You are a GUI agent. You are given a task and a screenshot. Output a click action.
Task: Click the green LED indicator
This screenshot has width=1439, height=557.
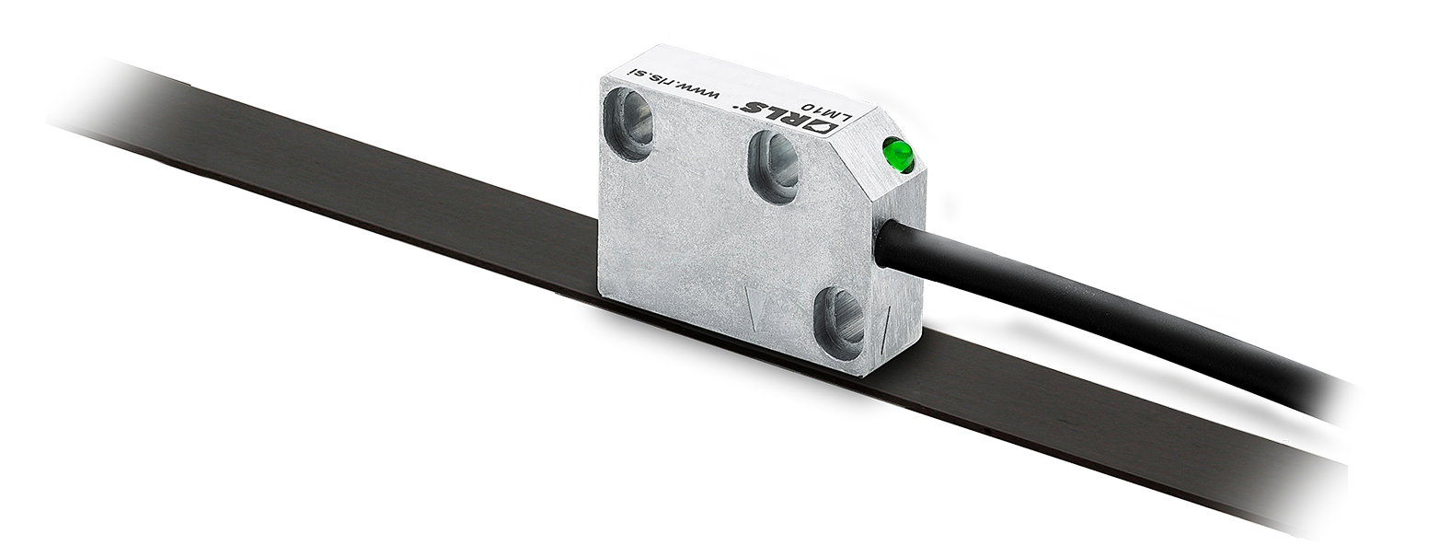point(900,155)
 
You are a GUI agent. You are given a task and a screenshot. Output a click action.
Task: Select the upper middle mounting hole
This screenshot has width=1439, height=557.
point(774,167)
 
